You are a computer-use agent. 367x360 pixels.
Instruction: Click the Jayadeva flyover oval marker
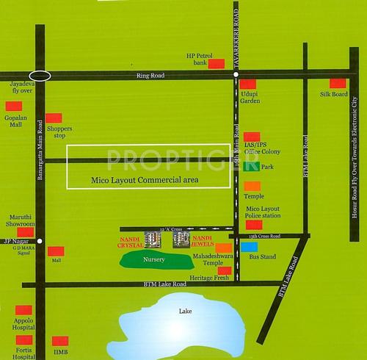[x=40, y=75]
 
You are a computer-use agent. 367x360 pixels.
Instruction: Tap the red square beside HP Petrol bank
[x=216, y=64]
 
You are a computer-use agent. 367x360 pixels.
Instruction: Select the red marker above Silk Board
[x=337, y=83]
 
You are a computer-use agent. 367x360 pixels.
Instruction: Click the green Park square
[x=251, y=167]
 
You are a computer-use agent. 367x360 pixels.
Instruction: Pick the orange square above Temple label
[x=252, y=187]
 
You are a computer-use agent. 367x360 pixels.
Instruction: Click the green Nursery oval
[x=153, y=259]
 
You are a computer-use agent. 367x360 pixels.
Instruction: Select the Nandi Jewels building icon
[x=181, y=238]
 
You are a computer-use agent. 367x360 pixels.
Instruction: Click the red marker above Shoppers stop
[x=54, y=118]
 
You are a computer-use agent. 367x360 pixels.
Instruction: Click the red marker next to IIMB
[x=60, y=341]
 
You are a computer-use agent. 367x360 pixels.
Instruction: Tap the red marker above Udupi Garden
[x=248, y=84]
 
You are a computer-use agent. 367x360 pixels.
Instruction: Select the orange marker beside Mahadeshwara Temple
[x=223, y=247]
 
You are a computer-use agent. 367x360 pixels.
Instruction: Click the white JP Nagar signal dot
[x=40, y=240]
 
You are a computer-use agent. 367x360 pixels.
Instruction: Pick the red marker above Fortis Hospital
[x=24, y=340]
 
